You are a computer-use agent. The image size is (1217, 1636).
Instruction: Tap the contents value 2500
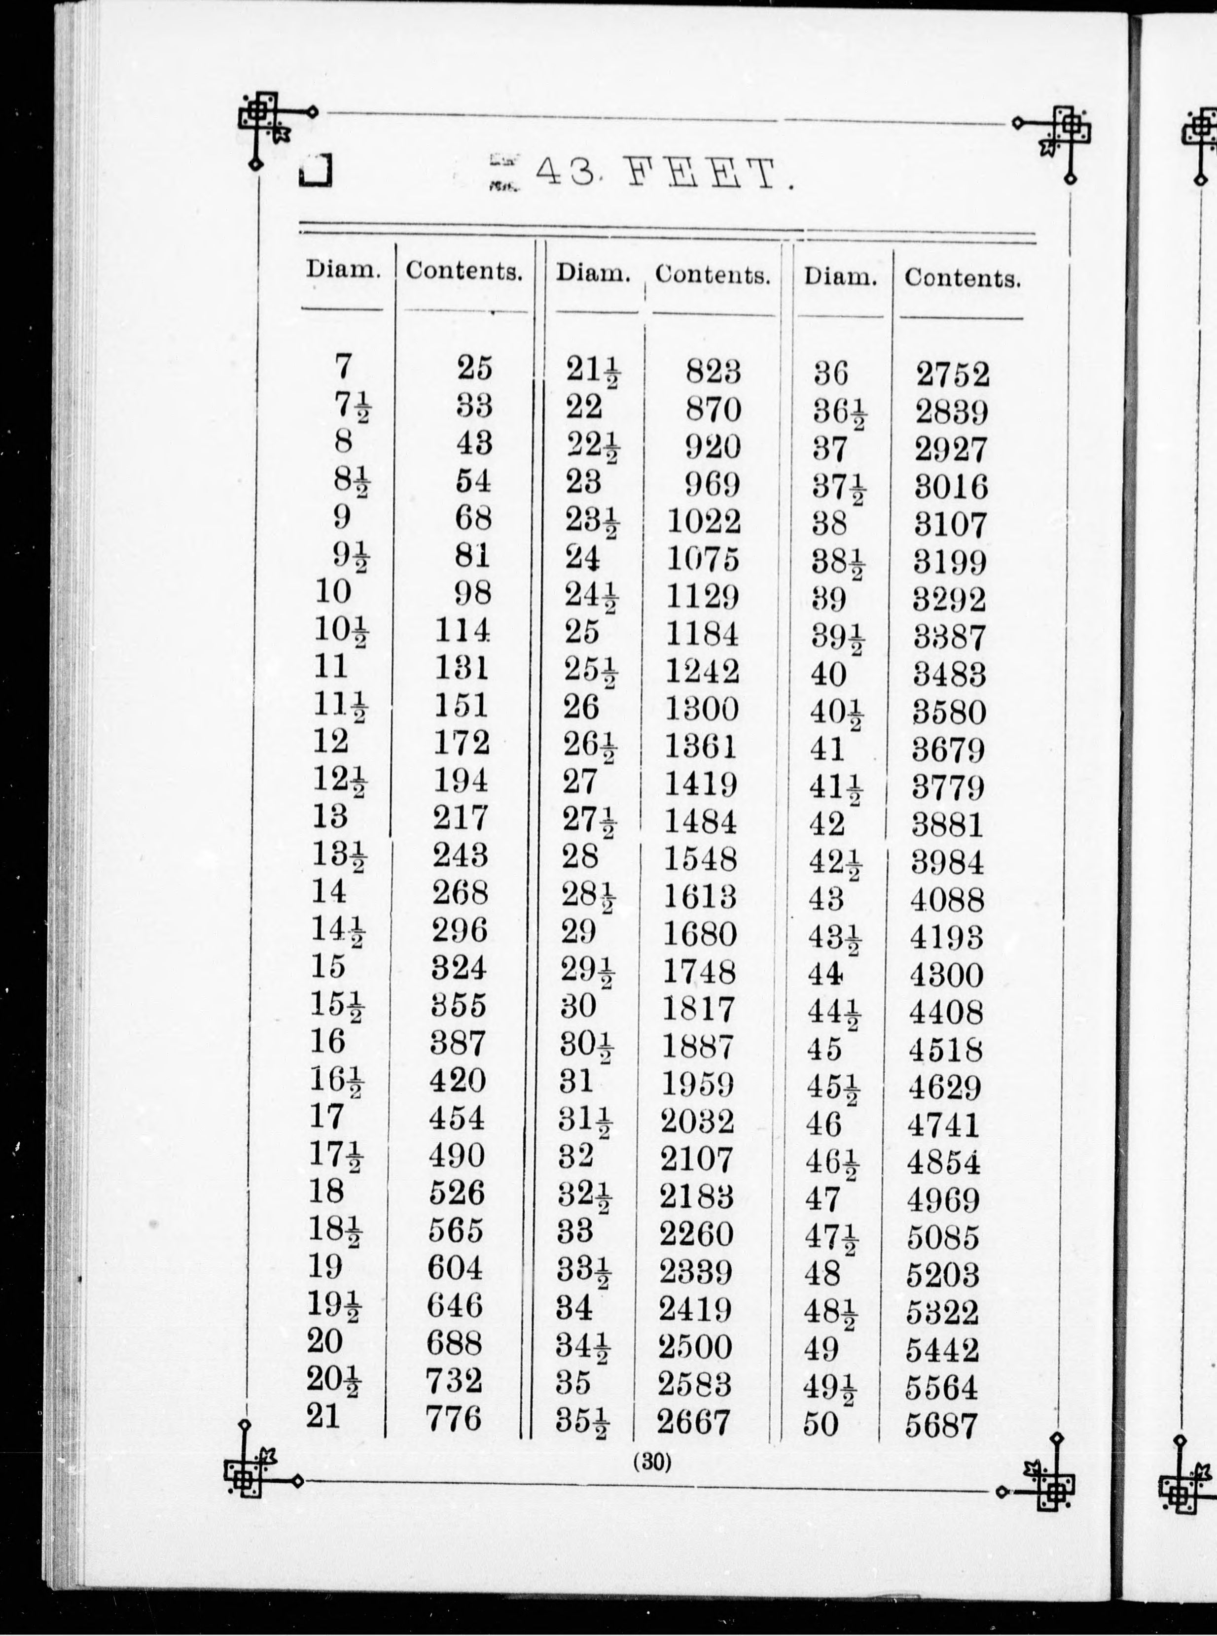(x=695, y=1347)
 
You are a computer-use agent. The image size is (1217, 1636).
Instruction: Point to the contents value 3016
(x=950, y=487)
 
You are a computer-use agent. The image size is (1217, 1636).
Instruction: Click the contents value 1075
(x=703, y=559)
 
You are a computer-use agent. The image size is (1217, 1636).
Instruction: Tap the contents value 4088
(x=947, y=900)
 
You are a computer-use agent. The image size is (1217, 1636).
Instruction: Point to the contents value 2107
(x=696, y=1159)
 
